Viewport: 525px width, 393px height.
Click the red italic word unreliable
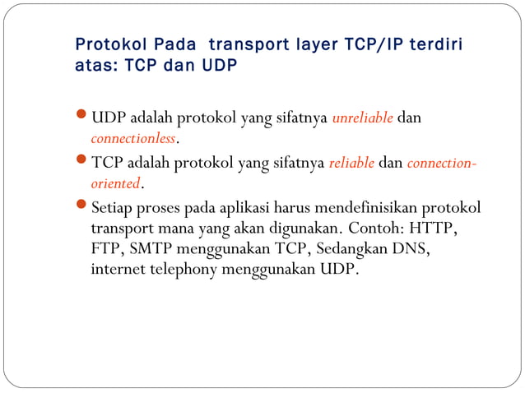[x=362, y=118]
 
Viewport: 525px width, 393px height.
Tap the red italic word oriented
[x=115, y=182]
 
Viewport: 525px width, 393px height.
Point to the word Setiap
[x=114, y=207]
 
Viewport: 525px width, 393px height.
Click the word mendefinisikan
[x=363, y=207]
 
